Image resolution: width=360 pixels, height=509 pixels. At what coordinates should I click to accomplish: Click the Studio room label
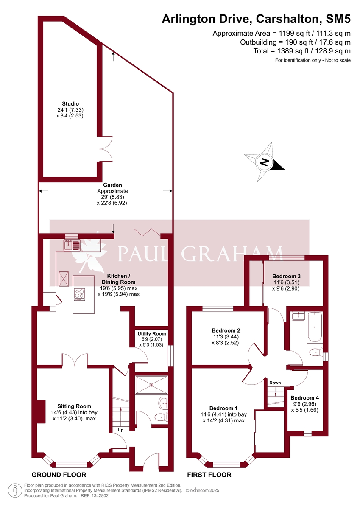click(x=70, y=103)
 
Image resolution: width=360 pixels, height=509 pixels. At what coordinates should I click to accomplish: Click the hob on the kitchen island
click(x=79, y=294)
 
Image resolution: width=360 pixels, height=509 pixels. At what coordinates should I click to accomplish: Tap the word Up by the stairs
click(x=121, y=430)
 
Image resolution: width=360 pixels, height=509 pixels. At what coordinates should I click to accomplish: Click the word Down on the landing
click(x=275, y=383)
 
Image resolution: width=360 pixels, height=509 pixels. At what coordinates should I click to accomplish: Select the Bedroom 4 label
click(x=304, y=398)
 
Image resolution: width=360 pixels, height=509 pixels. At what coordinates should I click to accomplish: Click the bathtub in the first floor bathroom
click(x=315, y=327)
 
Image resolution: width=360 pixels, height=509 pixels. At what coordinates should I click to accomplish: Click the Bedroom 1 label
click(x=223, y=408)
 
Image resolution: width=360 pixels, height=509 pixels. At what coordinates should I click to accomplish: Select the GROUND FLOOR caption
click(x=59, y=475)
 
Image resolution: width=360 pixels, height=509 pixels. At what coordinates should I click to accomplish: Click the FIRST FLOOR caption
click(x=210, y=475)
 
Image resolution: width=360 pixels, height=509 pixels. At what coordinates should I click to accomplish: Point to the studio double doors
click(x=106, y=148)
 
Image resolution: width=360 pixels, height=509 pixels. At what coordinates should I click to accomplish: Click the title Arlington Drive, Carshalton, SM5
click(x=257, y=19)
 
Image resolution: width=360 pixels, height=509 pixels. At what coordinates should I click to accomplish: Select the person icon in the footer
click(x=16, y=490)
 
